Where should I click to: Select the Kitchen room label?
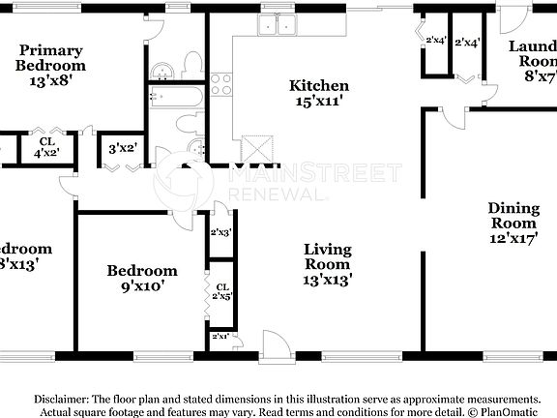(319, 86)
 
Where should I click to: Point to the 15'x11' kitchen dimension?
(319, 101)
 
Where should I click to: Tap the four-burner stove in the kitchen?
(221, 86)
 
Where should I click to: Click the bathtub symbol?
(175, 96)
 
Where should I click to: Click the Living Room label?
(328, 256)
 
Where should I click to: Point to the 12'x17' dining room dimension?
(513, 239)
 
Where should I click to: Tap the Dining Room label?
(513, 215)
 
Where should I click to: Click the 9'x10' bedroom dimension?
(142, 285)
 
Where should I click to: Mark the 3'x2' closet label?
(123, 148)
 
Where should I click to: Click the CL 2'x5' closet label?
(221, 291)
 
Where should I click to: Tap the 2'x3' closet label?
(221, 232)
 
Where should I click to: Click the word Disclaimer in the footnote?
(60, 399)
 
